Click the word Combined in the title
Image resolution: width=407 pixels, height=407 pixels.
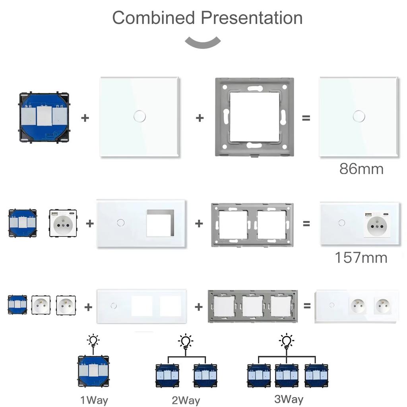pos(153,18)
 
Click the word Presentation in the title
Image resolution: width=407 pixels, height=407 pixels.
pos(251,18)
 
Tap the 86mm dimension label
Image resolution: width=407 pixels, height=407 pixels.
pos(361,169)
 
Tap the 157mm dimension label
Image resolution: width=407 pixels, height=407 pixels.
pos(361,258)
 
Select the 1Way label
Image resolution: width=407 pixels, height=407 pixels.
pos(94,400)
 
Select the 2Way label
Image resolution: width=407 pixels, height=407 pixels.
pos(186,400)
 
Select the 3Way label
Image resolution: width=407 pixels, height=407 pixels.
pos(289,399)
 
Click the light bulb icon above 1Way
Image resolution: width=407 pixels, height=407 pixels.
pos(93,341)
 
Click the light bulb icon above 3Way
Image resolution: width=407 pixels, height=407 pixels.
pos(286,341)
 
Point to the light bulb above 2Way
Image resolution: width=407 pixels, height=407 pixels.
pos(185,341)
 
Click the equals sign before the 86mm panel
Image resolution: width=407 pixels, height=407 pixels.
pos(306,118)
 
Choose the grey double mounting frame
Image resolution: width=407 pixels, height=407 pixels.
pos(252,225)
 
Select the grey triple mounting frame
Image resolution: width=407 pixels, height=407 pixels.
pos(252,306)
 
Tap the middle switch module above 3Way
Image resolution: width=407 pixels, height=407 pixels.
pos(286,375)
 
